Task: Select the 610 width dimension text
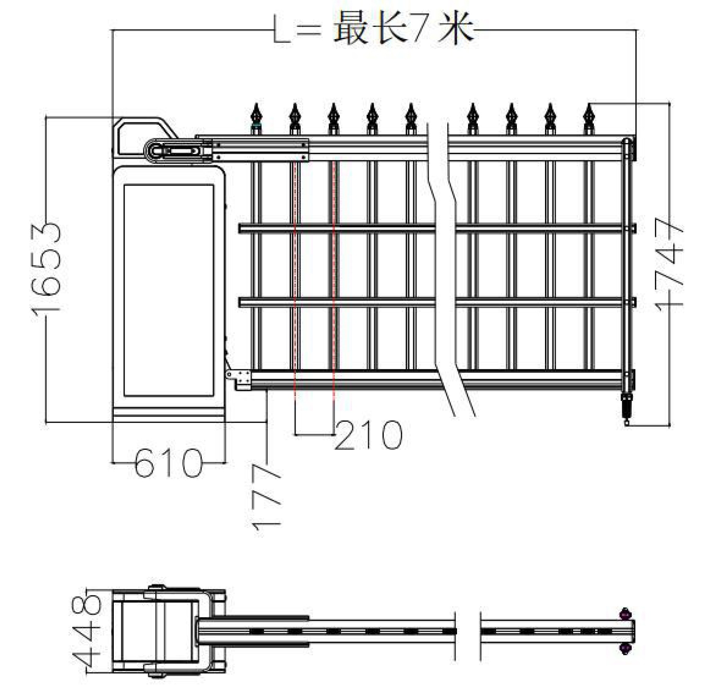tap(169, 463)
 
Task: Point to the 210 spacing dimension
tap(368, 435)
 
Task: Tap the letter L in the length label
tap(282, 30)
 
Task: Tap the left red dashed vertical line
tap(295, 274)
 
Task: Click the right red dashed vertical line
tap(334, 274)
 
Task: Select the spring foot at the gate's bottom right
tap(627, 407)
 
